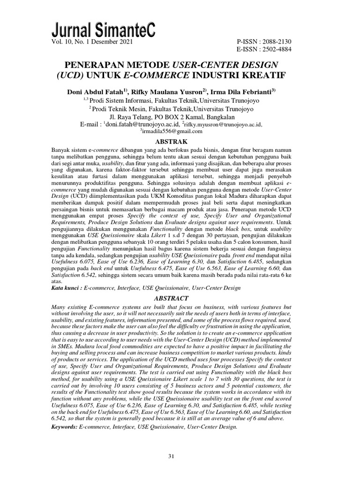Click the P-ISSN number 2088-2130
(x=280, y=41)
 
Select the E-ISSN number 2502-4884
(x=280, y=49)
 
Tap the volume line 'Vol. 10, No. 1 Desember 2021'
(x=90, y=41)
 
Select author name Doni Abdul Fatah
(x=95, y=91)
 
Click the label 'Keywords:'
(x=64, y=427)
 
